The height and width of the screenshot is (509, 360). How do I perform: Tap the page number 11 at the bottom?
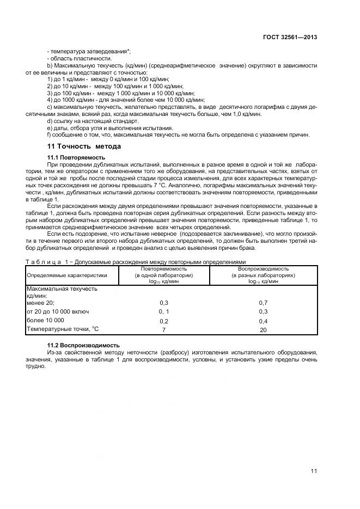click(x=314, y=471)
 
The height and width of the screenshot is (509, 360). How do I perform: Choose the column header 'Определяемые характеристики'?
click(x=67, y=275)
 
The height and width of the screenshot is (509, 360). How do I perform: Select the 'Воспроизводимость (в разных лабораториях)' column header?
click(x=263, y=275)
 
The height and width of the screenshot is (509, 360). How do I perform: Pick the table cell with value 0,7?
click(x=263, y=302)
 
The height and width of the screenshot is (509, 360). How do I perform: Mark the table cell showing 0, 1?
click(x=163, y=311)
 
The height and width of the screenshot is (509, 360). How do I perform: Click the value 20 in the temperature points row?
click(x=263, y=329)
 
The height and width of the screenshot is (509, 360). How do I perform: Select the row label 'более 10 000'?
click(x=45, y=320)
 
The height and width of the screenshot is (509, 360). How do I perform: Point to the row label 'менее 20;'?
click(x=41, y=302)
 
